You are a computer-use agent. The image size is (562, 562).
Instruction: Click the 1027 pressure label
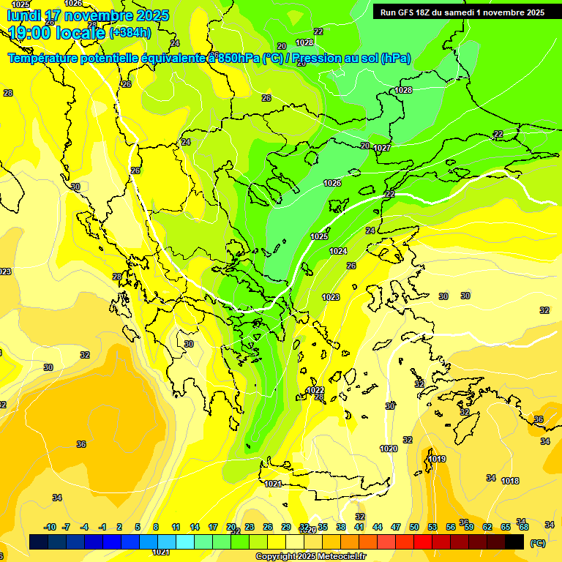(x=382, y=148)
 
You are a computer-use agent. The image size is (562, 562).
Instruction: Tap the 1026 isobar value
(x=332, y=183)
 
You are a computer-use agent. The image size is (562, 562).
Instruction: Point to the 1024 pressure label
(x=337, y=251)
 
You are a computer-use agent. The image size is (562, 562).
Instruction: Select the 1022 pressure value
(x=315, y=391)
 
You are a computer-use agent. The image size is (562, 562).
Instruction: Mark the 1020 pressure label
(x=389, y=449)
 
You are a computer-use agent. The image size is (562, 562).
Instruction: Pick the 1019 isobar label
(x=437, y=459)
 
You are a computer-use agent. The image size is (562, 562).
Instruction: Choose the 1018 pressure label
(x=510, y=481)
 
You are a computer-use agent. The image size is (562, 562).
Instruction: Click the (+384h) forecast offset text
(x=130, y=32)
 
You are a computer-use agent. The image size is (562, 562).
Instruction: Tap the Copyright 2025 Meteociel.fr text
(x=310, y=556)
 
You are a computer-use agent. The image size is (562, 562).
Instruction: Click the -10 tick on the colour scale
(x=50, y=527)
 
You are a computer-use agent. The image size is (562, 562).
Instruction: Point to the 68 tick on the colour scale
(x=524, y=527)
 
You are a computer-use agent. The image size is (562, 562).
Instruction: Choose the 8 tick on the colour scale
(x=156, y=527)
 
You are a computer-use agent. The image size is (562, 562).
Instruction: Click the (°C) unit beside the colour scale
(x=537, y=543)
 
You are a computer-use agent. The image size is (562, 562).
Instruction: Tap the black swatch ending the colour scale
(x=514, y=542)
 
